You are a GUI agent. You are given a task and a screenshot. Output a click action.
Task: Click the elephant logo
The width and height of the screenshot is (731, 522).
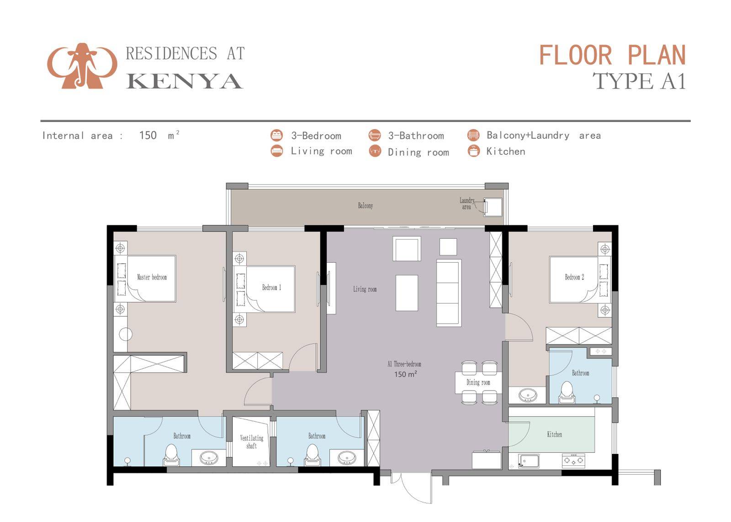tap(82, 66)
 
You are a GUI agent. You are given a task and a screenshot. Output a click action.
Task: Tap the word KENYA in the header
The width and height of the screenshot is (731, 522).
tap(185, 81)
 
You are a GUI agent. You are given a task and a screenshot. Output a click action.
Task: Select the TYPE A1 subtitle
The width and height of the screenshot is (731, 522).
tap(639, 81)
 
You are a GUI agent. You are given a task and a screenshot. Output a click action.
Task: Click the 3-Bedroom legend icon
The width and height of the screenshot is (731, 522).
tap(276, 135)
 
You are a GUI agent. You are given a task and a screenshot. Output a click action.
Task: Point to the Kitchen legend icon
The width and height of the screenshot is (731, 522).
tap(473, 151)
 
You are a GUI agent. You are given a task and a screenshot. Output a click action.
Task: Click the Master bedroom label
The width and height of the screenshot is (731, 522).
tap(152, 277)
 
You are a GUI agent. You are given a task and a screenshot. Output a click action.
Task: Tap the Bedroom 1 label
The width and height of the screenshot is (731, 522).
tap(271, 287)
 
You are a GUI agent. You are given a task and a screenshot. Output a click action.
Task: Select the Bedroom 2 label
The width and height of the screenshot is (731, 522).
tap(574, 277)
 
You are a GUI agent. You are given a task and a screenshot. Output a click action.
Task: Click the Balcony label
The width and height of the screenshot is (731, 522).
tap(365, 206)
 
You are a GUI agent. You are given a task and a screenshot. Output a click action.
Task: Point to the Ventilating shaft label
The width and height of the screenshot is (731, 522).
tap(252, 442)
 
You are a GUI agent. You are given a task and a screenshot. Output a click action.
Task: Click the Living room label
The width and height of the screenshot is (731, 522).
tap(365, 289)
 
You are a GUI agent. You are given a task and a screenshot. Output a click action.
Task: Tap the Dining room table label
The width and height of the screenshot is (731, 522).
tap(478, 382)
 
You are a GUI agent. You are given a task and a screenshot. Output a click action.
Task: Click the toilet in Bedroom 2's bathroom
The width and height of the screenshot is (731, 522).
tap(567, 392)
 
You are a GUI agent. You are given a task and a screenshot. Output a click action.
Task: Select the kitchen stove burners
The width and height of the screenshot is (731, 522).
tap(573, 460)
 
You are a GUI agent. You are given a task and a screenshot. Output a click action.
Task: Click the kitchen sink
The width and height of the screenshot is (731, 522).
tap(528, 461)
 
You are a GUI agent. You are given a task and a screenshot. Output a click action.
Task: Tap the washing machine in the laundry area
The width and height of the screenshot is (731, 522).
tap(493, 206)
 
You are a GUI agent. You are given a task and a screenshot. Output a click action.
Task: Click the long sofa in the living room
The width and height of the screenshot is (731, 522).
tap(449, 293)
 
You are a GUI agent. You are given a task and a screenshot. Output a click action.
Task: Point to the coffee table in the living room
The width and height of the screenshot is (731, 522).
tap(407, 293)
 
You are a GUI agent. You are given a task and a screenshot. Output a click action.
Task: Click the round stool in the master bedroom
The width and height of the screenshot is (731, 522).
tap(126, 334)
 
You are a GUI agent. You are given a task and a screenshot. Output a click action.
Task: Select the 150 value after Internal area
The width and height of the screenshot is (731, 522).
tap(148, 135)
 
